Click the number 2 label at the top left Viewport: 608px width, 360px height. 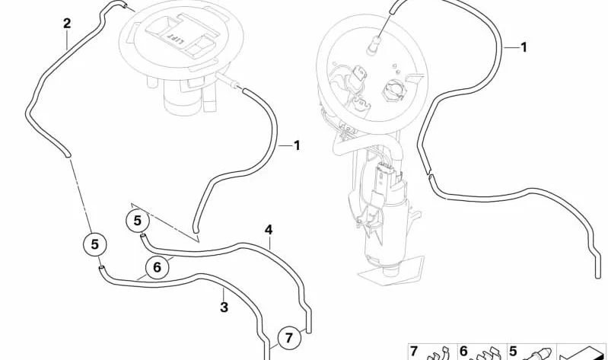click(x=67, y=24)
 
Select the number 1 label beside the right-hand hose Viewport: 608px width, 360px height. click(x=524, y=47)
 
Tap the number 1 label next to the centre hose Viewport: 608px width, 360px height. click(x=297, y=146)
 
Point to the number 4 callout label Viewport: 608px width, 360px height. click(x=269, y=230)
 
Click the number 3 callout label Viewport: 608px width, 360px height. click(x=224, y=307)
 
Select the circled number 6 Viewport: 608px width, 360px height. click(x=157, y=267)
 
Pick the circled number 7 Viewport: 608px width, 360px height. click(x=289, y=338)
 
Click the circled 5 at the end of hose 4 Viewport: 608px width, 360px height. click(x=138, y=221)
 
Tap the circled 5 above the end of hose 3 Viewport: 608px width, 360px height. click(x=95, y=244)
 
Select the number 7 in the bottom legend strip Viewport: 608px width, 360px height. click(x=414, y=351)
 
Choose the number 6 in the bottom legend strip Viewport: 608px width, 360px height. click(x=463, y=351)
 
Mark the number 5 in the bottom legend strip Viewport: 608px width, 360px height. click(x=513, y=351)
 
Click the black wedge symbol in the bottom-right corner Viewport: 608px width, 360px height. click(x=584, y=354)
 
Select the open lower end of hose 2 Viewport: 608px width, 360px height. click(x=68, y=155)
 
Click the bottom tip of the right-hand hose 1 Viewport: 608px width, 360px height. click(x=597, y=276)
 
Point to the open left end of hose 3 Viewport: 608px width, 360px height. click(x=100, y=268)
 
